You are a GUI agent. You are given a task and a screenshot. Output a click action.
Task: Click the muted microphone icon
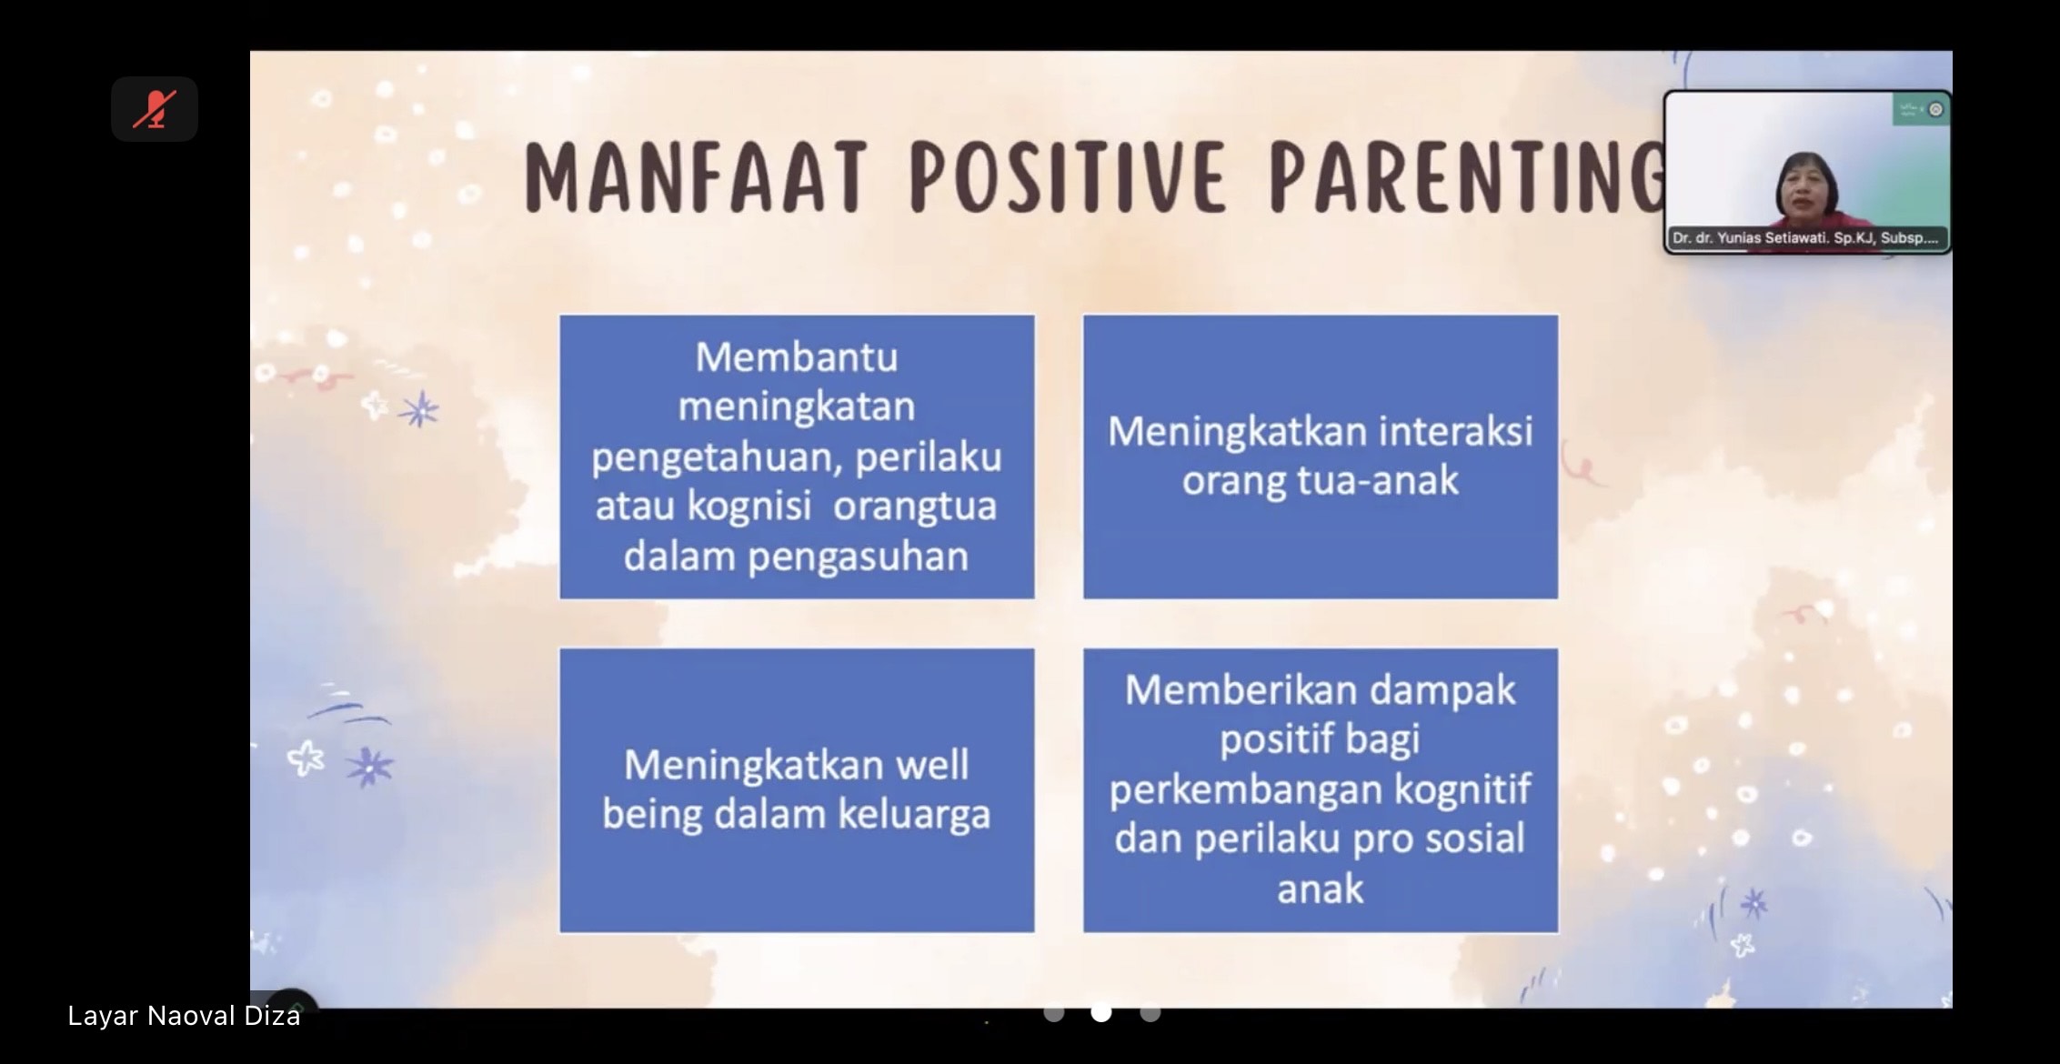click(155, 109)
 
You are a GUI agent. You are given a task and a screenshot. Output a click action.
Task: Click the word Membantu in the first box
click(797, 357)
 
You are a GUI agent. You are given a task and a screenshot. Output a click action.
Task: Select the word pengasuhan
click(858, 557)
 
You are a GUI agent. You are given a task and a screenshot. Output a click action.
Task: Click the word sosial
click(1474, 838)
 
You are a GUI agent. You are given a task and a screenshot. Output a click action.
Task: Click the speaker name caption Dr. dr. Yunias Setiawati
click(1804, 238)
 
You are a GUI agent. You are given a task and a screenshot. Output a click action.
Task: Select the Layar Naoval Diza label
click(184, 1016)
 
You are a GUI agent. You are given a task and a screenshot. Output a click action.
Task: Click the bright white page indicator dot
click(1101, 1012)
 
